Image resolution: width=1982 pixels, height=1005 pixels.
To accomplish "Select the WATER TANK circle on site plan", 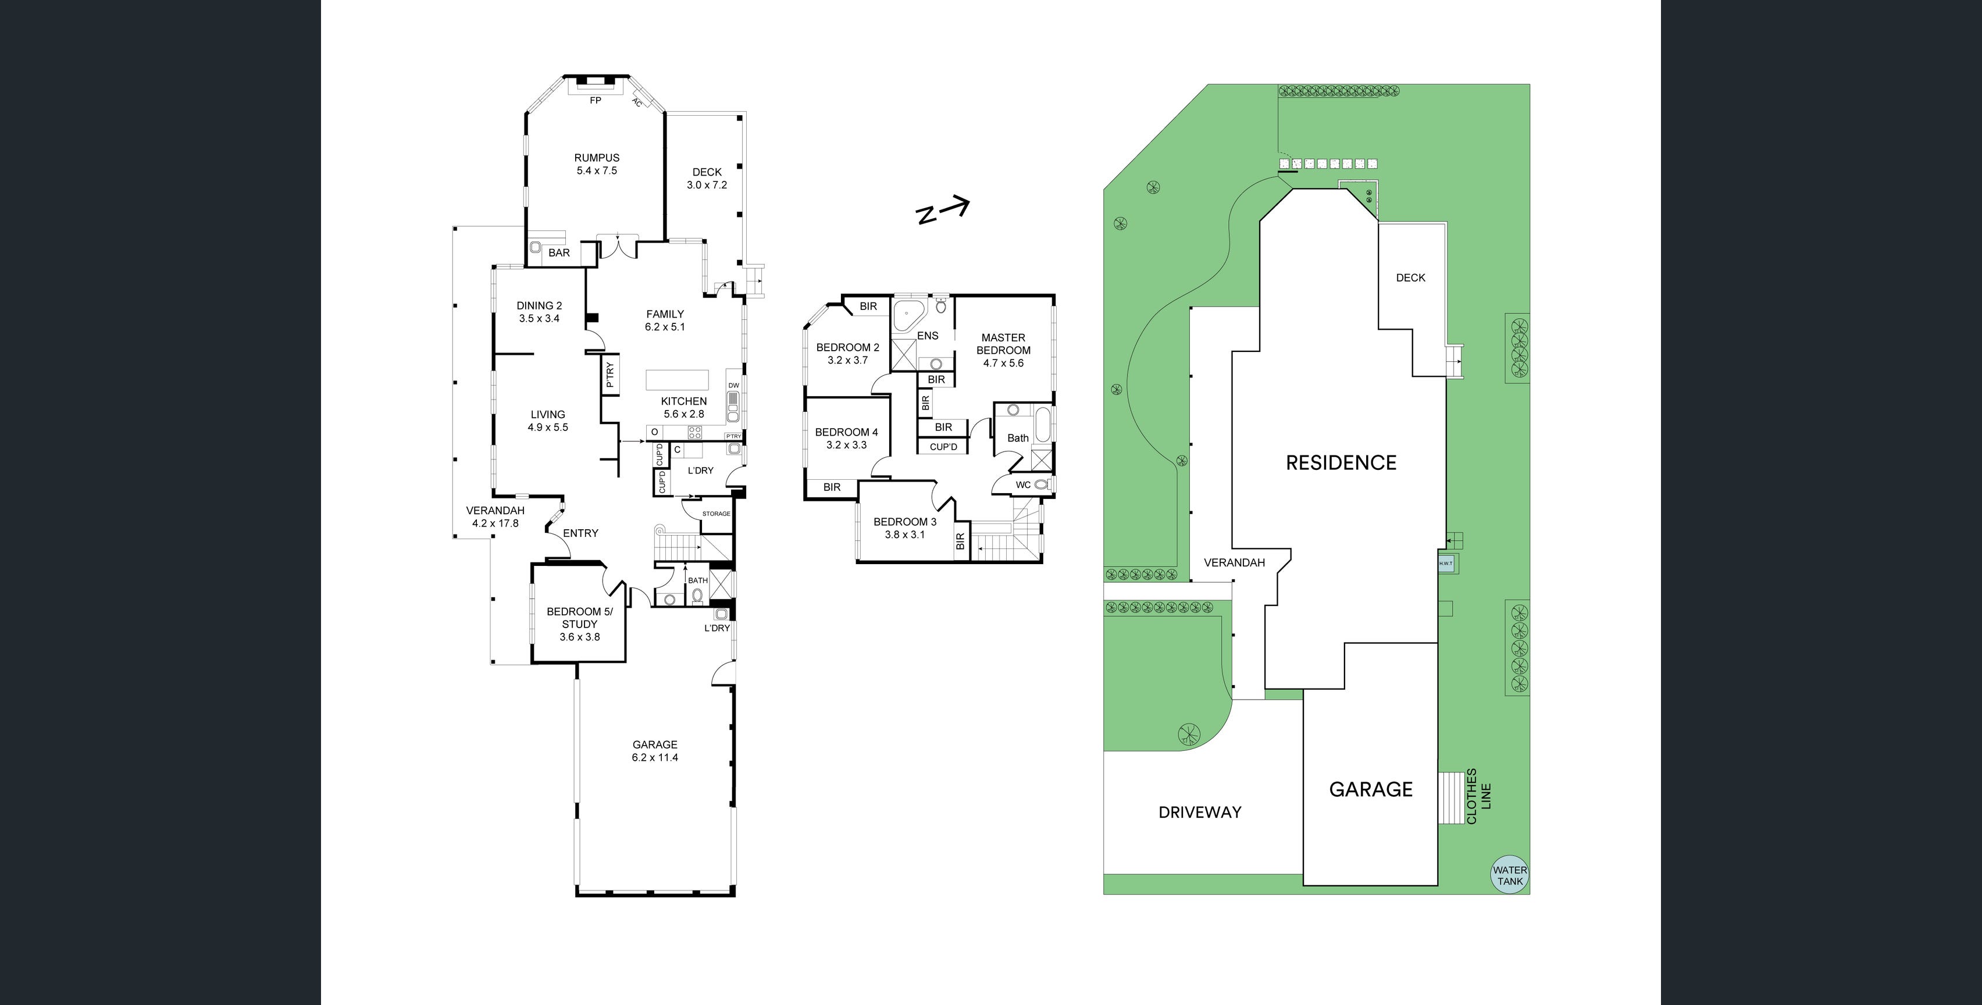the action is click(1510, 876).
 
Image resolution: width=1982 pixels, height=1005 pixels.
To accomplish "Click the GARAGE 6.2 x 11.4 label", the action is click(655, 751).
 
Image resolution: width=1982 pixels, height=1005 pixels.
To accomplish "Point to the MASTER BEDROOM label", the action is click(1003, 350).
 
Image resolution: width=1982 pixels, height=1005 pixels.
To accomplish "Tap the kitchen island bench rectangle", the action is click(677, 381).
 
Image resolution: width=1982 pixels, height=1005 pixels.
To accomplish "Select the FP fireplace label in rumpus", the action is click(595, 101).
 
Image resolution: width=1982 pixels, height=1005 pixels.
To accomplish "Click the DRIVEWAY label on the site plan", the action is click(1200, 812).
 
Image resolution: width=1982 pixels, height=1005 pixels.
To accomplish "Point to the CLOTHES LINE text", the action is click(1479, 796).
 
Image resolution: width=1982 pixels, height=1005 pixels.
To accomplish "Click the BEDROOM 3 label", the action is click(905, 528).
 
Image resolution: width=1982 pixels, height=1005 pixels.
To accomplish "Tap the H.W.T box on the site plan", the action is click(1446, 564).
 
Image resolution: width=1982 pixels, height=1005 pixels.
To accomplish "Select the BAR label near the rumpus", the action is click(559, 252).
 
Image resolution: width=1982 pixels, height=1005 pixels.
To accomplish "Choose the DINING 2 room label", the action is click(539, 312).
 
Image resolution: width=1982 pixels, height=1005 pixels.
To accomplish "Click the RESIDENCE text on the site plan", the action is click(1341, 462).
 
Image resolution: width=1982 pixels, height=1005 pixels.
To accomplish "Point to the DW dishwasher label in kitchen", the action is click(733, 386).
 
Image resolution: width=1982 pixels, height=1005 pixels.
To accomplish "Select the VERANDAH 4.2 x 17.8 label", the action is click(495, 516).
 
